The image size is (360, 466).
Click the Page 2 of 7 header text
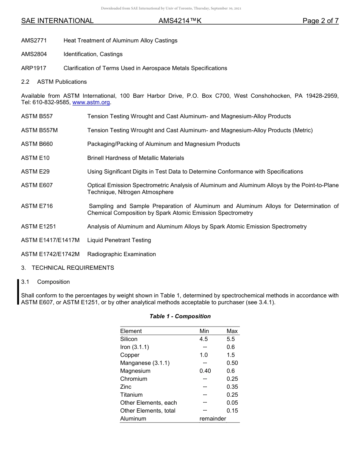pyautogui.click(x=320, y=21)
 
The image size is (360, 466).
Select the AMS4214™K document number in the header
pyautogui.click(x=180, y=21)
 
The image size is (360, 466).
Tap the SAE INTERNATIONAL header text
pyautogui.click(x=57, y=21)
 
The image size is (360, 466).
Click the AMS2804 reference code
pyautogui.click(x=34, y=54)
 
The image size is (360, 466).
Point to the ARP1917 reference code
pyautogui.click(x=34, y=68)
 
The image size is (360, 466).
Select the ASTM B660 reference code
pyautogui.click(x=37, y=144)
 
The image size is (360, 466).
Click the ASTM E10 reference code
pyautogui.click(x=35, y=158)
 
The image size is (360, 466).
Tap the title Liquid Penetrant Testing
pyautogui.click(x=119, y=240)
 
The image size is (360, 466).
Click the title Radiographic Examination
pyautogui.click(x=121, y=254)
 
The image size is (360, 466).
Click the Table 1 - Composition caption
pyautogui.click(x=180, y=316)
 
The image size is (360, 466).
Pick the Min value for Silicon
pyautogui.click(x=204, y=339)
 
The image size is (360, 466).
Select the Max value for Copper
pyautogui.click(x=230, y=355)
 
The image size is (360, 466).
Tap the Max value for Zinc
pyautogui.click(x=232, y=387)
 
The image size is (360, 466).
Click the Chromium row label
pyautogui.click(x=134, y=379)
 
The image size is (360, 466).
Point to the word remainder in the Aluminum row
pyautogui.click(x=213, y=419)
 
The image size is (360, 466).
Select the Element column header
pyautogui.click(x=131, y=331)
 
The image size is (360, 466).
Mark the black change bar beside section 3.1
pyautogui.click(x=18, y=292)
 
